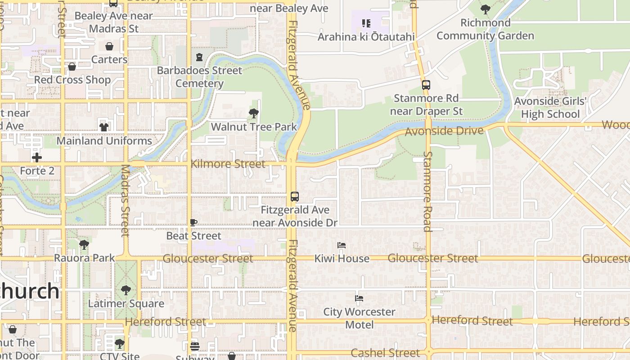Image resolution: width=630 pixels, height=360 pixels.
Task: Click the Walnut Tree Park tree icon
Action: click(x=254, y=113)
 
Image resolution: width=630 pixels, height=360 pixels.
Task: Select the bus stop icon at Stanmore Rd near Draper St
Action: click(x=426, y=85)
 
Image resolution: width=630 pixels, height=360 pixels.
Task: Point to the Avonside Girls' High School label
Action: click(x=550, y=108)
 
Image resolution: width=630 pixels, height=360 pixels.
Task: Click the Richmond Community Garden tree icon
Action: click(x=486, y=9)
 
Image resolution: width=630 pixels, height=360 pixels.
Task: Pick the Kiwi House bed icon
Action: click(x=342, y=245)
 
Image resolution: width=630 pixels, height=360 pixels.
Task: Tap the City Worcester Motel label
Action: click(x=359, y=318)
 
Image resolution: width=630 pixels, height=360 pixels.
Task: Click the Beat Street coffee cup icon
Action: click(x=193, y=222)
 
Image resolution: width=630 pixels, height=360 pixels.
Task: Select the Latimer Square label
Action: click(x=126, y=304)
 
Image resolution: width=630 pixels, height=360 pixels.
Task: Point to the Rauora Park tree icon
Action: click(x=84, y=245)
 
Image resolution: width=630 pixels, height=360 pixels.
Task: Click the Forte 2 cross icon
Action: click(x=37, y=157)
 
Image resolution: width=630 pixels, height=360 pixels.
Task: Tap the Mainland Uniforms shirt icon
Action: click(x=104, y=127)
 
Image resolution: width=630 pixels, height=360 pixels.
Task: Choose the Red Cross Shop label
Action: click(x=72, y=80)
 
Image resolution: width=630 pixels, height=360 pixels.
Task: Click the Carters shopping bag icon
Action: click(x=109, y=46)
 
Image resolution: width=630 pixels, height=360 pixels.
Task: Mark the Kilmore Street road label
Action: click(x=228, y=164)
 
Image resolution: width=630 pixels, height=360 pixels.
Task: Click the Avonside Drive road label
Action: click(x=444, y=131)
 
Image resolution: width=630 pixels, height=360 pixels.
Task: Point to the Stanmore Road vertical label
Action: click(x=427, y=191)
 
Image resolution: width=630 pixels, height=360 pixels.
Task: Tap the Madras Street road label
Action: click(x=125, y=200)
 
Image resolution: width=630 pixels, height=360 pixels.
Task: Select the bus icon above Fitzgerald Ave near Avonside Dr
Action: click(x=295, y=197)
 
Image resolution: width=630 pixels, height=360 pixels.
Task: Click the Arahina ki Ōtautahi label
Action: click(x=366, y=37)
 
